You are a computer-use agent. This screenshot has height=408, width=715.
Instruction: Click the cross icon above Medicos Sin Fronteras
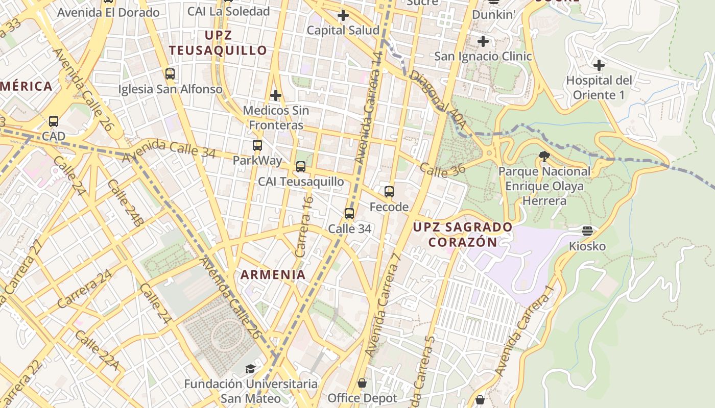tap(276, 95)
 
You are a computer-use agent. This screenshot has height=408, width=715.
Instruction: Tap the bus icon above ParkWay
tap(257, 145)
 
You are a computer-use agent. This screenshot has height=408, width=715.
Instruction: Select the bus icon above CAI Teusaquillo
tap(301, 167)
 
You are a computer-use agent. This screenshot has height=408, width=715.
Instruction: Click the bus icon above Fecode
tap(389, 192)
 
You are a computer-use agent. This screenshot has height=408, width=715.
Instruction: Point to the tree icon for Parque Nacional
tap(544, 157)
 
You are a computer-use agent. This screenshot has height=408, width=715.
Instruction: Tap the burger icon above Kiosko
tap(587, 231)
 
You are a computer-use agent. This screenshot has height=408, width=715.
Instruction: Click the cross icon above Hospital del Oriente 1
tap(599, 65)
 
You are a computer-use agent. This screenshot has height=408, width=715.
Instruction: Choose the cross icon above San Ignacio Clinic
tap(483, 41)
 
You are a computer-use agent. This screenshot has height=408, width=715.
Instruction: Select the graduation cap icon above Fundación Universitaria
tap(250, 369)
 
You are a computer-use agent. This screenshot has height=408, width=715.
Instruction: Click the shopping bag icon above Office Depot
tap(362, 383)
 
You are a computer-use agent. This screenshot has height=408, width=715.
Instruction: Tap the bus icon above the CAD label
tap(54, 121)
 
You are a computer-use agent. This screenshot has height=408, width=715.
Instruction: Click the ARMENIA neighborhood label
tap(273, 275)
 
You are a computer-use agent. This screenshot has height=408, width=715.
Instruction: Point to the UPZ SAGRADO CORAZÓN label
tap(463, 234)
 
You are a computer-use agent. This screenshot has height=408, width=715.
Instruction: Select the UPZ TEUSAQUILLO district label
tap(218, 43)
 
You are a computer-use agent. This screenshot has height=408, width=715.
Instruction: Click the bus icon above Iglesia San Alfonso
tap(170, 74)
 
